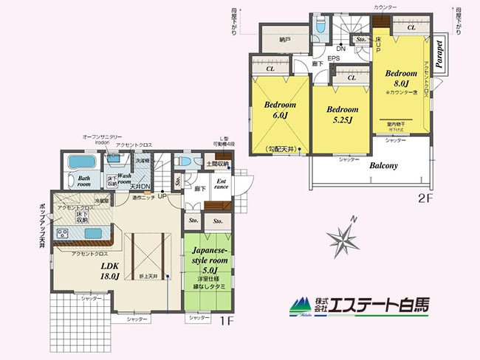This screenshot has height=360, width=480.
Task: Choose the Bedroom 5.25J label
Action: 343,114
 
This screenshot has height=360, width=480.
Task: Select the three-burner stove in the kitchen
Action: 60,235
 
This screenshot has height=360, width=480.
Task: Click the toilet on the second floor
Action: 319,27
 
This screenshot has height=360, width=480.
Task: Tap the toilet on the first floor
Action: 187,162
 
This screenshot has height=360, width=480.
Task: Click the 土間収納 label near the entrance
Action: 219,163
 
